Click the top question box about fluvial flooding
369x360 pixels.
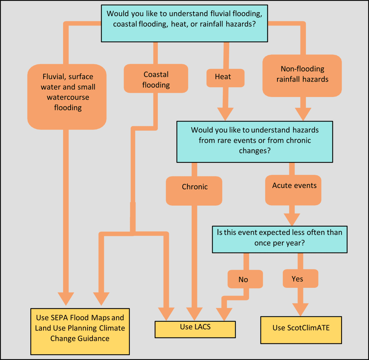184,23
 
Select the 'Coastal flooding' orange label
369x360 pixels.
156,79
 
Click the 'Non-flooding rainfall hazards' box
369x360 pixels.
302,75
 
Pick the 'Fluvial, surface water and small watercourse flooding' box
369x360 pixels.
67,92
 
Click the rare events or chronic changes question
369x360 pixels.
254,140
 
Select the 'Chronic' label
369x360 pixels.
195,187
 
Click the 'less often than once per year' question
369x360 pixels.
279,237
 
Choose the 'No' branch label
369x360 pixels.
244,280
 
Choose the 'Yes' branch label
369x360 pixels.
298,279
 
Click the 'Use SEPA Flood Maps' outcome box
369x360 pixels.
80,328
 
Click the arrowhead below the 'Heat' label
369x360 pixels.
225,114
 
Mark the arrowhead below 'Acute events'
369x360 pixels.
292,219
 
